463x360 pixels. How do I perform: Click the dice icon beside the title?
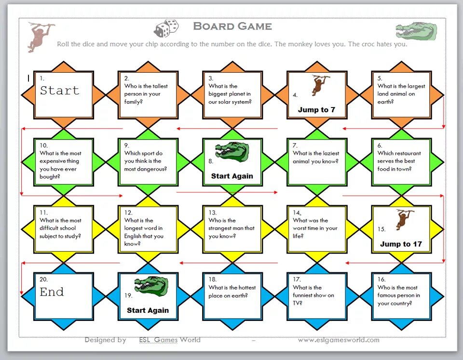pos(166,29)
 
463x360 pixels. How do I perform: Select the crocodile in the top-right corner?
pos(416,31)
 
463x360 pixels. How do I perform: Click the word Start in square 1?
pos(59,91)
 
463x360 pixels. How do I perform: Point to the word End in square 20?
pos(52,292)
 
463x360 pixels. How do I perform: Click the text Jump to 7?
pos(316,110)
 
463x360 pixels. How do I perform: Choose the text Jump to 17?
pos(401,244)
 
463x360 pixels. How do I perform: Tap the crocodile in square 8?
pos(232,152)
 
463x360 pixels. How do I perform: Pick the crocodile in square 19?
pos(151,286)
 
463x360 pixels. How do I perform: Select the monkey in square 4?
pos(318,85)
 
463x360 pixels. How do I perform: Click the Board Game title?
pos(232,26)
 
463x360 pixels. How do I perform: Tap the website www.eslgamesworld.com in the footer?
pos(339,340)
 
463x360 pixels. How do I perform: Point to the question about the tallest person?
pos(146,94)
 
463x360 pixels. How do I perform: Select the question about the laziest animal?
pos(316,157)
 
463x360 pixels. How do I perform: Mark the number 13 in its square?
pos(213,213)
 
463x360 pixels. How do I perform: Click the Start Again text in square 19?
pos(148,310)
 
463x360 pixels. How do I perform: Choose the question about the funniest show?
pos(313,295)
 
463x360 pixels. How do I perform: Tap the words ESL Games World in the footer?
pos(170,340)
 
